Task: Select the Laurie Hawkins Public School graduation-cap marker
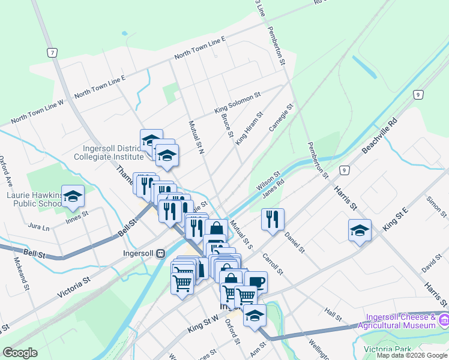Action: pos(73,197)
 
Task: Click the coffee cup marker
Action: pos(256,282)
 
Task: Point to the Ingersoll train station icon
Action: pos(160,253)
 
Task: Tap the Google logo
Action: pos(20,353)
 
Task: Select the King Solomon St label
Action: pos(238,103)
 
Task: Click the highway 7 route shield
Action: pos(53,53)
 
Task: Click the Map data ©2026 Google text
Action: pos(412,355)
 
